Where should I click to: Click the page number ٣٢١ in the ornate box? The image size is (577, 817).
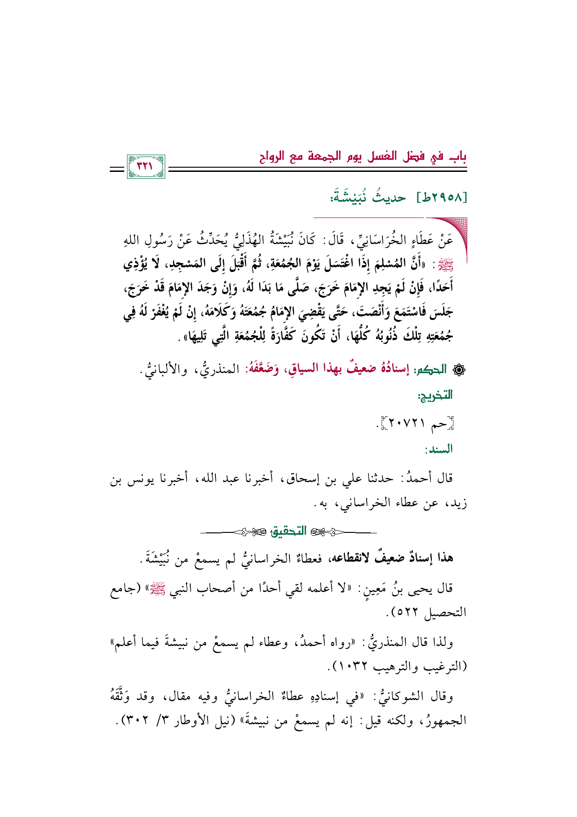(x=146, y=166)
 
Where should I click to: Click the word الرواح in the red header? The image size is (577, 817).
(x=275, y=156)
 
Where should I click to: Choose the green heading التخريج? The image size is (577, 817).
(x=436, y=396)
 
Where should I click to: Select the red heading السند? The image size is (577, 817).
(x=438, y=450)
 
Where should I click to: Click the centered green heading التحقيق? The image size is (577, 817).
(x=289, y=531)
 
